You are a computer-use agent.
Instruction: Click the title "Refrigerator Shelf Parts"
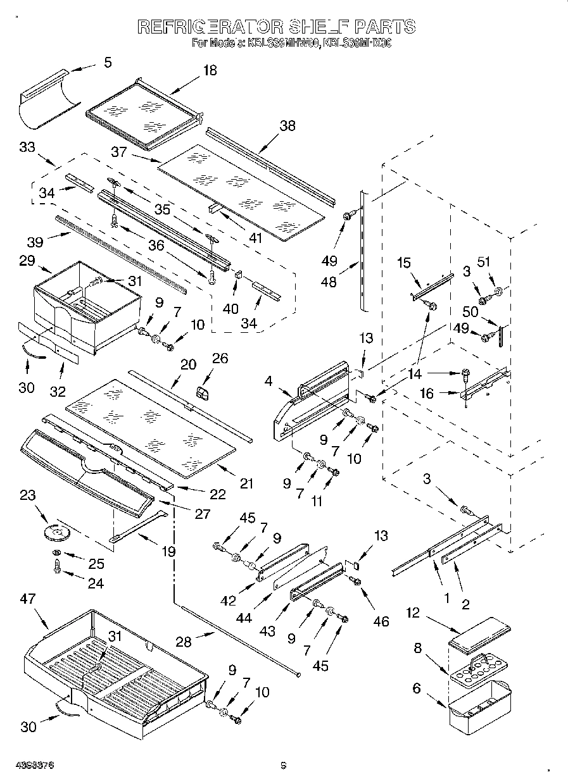(x=277, y=27)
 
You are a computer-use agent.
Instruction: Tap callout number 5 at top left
(x=108, y=62)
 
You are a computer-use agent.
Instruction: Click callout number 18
(x=209, y=70)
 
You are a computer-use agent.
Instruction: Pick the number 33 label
(x=27, y=147)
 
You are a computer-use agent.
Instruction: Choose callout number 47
(x=27, y=599)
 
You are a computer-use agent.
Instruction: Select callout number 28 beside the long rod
(x=183, y=641)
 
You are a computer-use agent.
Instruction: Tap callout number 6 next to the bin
(x=416, y=688)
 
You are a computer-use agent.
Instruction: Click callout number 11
(x=317, y=501)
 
